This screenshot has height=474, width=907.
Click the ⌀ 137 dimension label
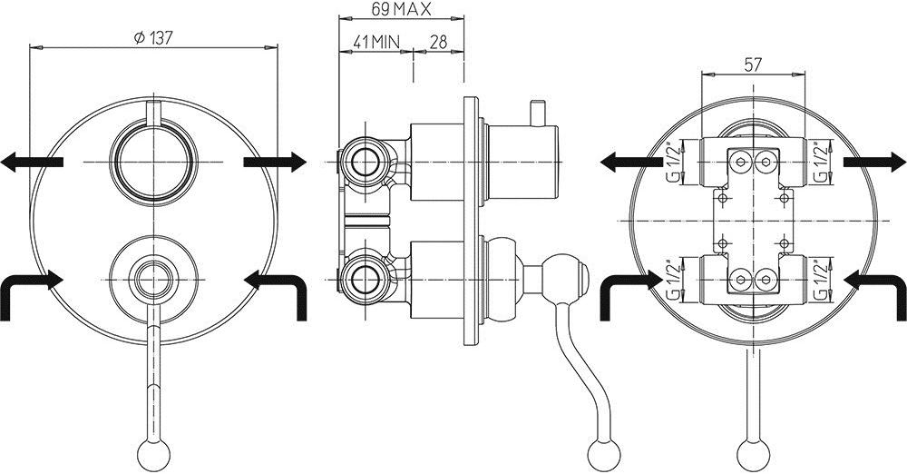(152, 38)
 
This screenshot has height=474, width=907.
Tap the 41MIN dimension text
(375, 42)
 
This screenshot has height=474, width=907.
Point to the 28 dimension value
(438, 42)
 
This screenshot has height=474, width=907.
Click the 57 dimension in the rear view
(753, 65)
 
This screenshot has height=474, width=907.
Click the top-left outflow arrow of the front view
(31, 163)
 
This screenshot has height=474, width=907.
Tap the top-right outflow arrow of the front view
(276, 161)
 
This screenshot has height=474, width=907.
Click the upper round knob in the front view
(152, 162)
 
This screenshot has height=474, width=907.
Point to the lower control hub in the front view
(152, 273)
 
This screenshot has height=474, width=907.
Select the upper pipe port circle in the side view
(366, 163)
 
